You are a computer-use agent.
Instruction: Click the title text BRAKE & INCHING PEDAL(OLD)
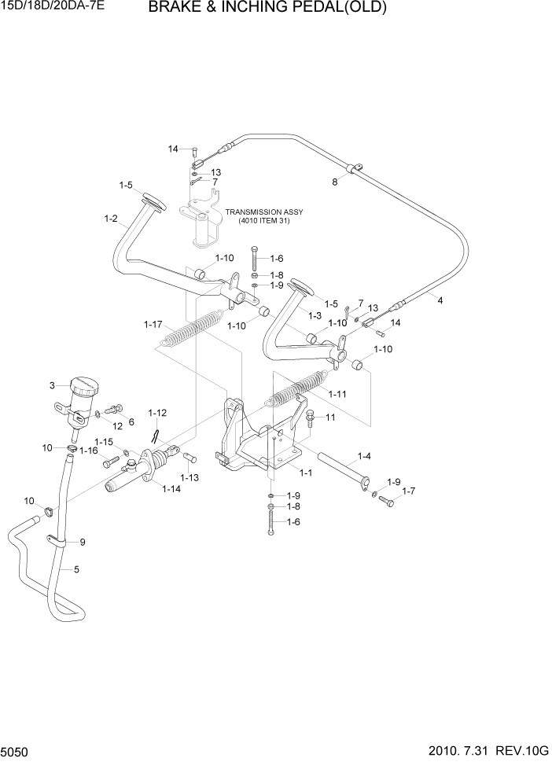click(267, 9)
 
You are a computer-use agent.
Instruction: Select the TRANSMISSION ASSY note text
click(263, 216)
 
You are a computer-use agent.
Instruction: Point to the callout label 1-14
click(171, 489)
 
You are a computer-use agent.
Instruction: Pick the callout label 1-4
click(365, 455)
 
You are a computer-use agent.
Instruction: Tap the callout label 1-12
click(157, 413)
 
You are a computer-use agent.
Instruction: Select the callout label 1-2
click(110, 219)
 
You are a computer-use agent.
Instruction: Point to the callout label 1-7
click(409, 491)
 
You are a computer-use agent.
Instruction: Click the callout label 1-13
click(189, 477)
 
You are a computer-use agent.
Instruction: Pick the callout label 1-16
click(88, 451)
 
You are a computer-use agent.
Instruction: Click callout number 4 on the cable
click(440, 300)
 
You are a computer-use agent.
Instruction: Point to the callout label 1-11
click(337, 393)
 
